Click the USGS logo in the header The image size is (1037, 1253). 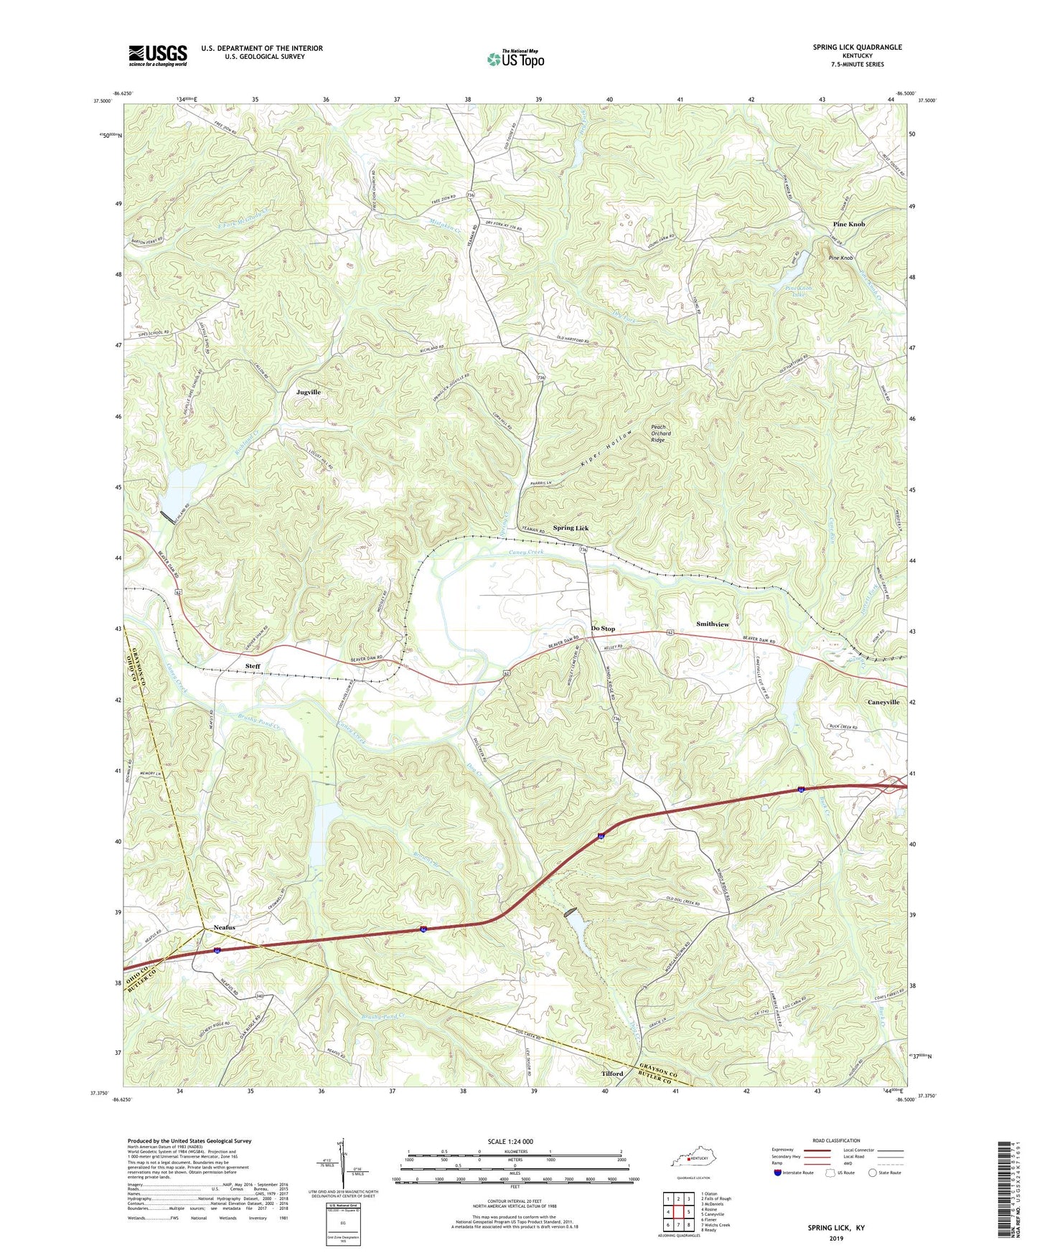coord(158,55)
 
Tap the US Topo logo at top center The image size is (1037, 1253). coord(515,59)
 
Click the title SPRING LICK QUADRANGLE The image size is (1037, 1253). coord(857,47)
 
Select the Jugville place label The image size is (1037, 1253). coord(309,393)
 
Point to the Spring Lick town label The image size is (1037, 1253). coord(571,528)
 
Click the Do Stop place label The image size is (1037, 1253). coord(603,629)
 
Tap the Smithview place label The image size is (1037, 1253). coord(712,624)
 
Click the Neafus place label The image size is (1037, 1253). coord(223,927)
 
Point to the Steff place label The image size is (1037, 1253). coord(253,666)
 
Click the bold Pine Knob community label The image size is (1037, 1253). coord(848,225)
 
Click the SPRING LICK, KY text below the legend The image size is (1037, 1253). coord(836,1228)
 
